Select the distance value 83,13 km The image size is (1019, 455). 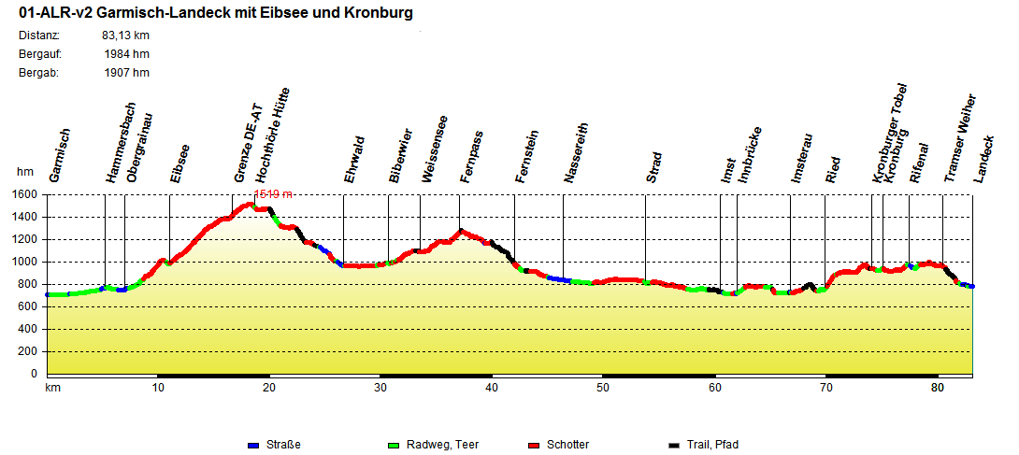[x=125, y=36]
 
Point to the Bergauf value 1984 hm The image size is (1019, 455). [x=127, y=54]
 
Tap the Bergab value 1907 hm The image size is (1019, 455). [x=127, y=73]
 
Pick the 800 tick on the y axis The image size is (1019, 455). [x=27, y=284]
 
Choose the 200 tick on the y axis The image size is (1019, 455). [x=27, y=351]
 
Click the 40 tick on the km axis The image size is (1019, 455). [x=492, y=388]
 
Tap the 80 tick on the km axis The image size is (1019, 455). [x=938, y=388]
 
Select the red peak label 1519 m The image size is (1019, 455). [x=273, y=194]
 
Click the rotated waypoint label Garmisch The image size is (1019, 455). [x=59, y=155]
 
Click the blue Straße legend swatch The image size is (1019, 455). [x=253, y=445]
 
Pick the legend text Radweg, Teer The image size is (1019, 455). [x=438, y=445]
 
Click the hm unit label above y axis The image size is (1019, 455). [x=24, y=172]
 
